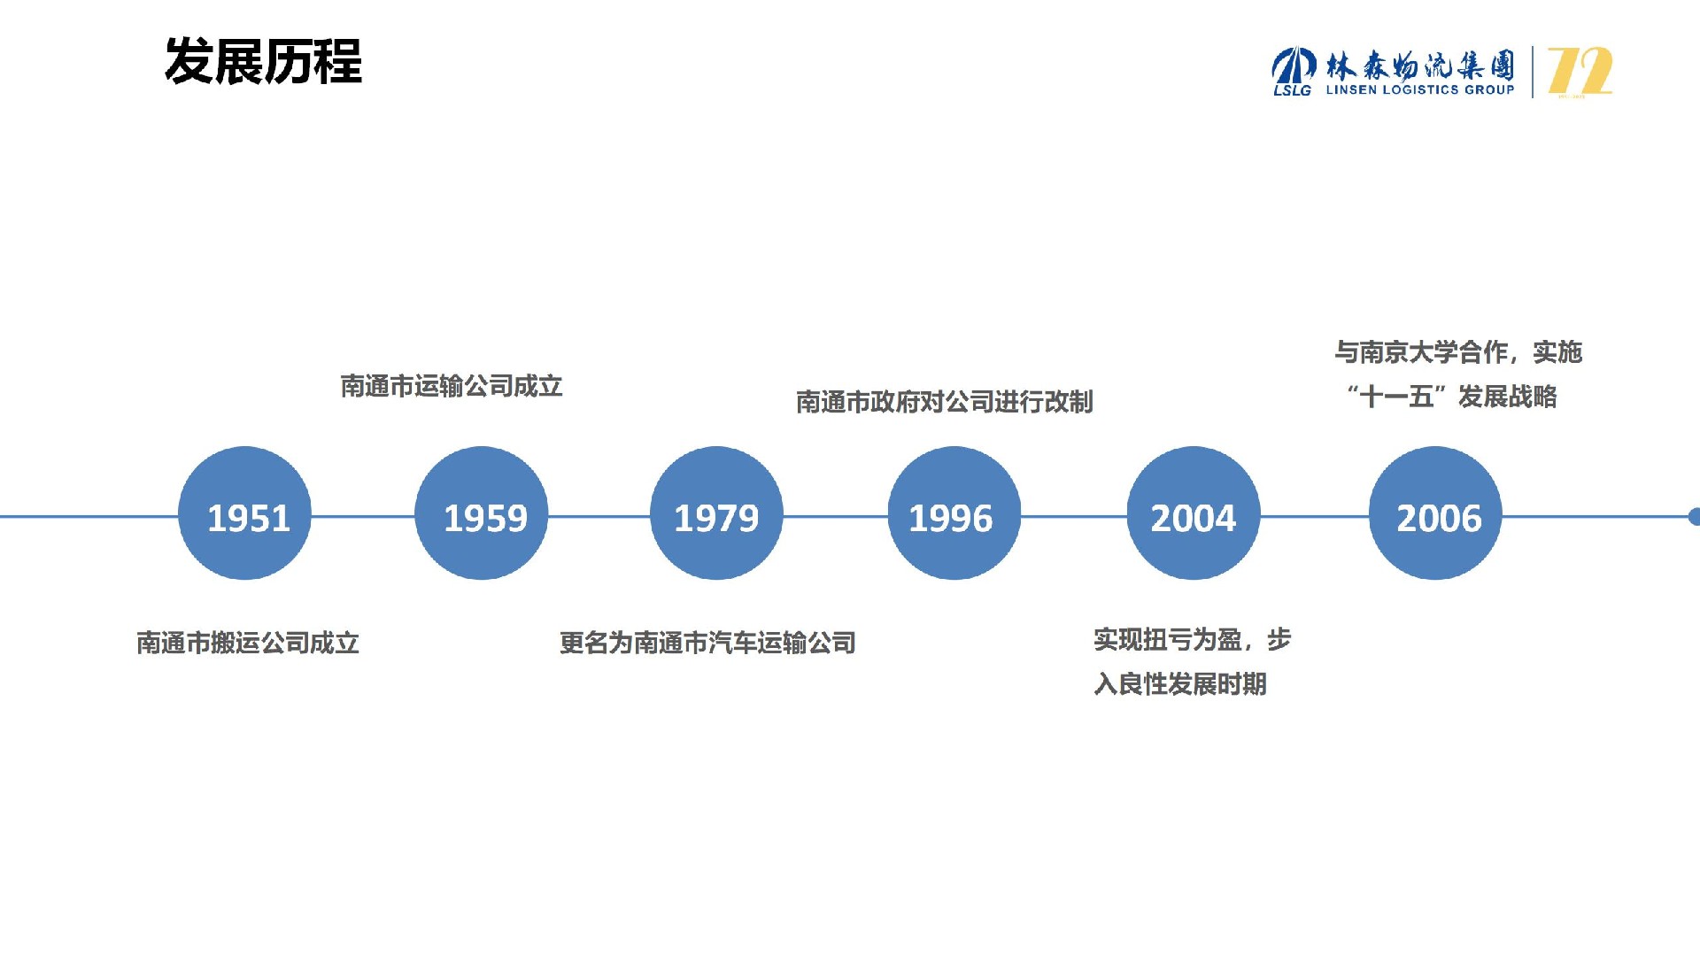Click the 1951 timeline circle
tap(245, 513)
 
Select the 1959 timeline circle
tap(482, 513)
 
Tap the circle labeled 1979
tap(717, 513)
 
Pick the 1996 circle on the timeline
tap(954, 513)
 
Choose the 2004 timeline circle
tap(1194, 513)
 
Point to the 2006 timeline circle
tap(1436, 513)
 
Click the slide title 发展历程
tap(264, 62)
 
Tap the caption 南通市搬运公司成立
tap(248, 643)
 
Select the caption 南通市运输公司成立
tap(452, 386)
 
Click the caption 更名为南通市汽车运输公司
tap(707, 643)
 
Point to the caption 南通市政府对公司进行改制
tap(945, 402)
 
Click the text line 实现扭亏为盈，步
tap(1193, 639)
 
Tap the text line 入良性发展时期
tap(1180, 683)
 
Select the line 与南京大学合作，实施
tap(1458, 352)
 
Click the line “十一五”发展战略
tap(1452, 397)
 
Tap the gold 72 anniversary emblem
tap(1580, 72)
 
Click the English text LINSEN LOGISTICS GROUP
tap(1420, 89)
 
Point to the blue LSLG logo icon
tap(1294, 71)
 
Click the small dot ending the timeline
tap(1695, 516)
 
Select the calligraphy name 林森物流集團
tap(1420, 65)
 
